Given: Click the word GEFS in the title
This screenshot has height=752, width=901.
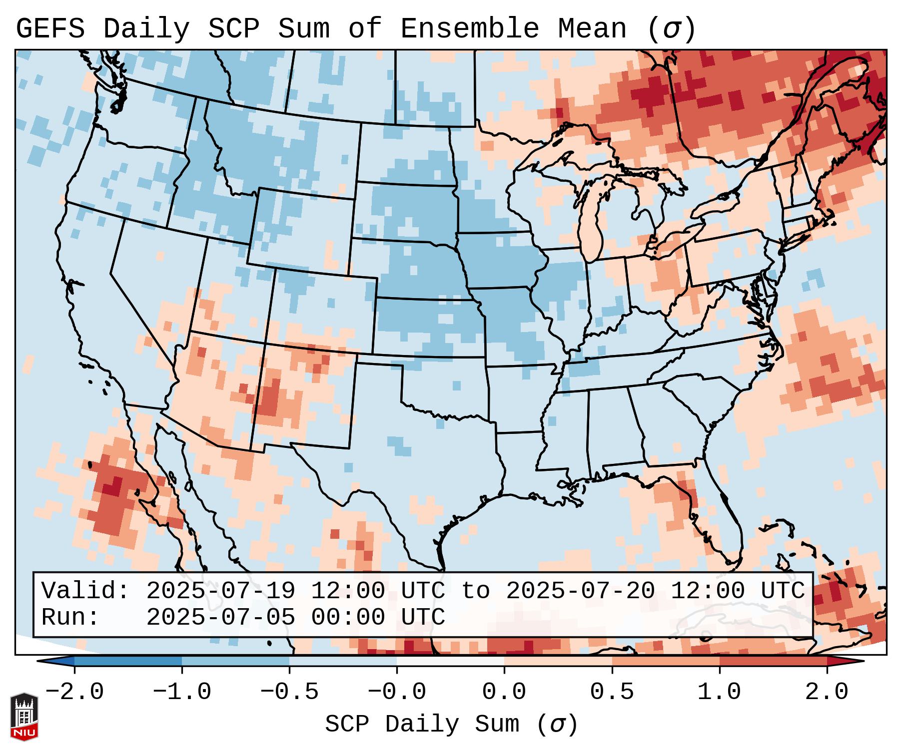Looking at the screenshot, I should pyautogui.click(x=50, y=29).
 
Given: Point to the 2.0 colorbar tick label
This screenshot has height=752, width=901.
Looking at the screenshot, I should pyautogui.click(x=827, y=692).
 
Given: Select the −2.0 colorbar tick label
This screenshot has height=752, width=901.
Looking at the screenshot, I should pyautogui.click(x=74, y=692).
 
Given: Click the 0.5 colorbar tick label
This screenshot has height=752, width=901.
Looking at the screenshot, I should pyautogui.click(x=612, y=692).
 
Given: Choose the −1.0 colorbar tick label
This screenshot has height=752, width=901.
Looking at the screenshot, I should pyautogui.click(x=182, y=692).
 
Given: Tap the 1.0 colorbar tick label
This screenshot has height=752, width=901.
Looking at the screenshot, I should pyautogui.click(x=719, y=692).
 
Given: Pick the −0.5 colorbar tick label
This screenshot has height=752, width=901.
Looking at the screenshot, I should pyautogui.click(x=289, y=692).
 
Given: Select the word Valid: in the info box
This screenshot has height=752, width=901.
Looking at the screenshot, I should pyautogui.click(x=85, y=591).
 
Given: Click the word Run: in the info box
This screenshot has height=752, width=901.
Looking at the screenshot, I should pyautogui.click(x=70, y=618).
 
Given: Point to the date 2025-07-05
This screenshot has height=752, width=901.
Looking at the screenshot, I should pyautogui.click(x=220, y=618).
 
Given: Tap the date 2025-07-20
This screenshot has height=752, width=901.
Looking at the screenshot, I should pyautogui.click(x=580, y=591).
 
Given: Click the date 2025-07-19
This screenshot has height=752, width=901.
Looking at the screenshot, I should pyautogui.click(x=220, y=591).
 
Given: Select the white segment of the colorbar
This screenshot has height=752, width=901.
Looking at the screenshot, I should pyautogui.click(x=450, y=662).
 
